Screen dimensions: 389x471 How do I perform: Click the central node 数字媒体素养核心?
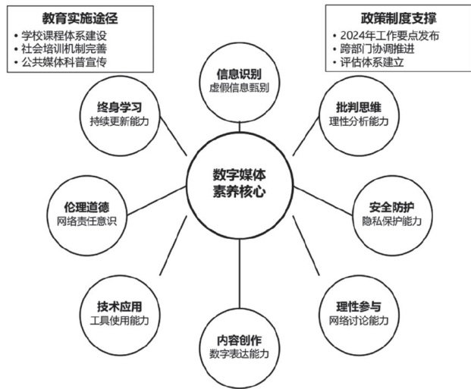click(239, 182)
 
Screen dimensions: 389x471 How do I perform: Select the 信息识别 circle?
click(239, 81)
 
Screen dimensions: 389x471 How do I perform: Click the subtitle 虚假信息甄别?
click(239, 88)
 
